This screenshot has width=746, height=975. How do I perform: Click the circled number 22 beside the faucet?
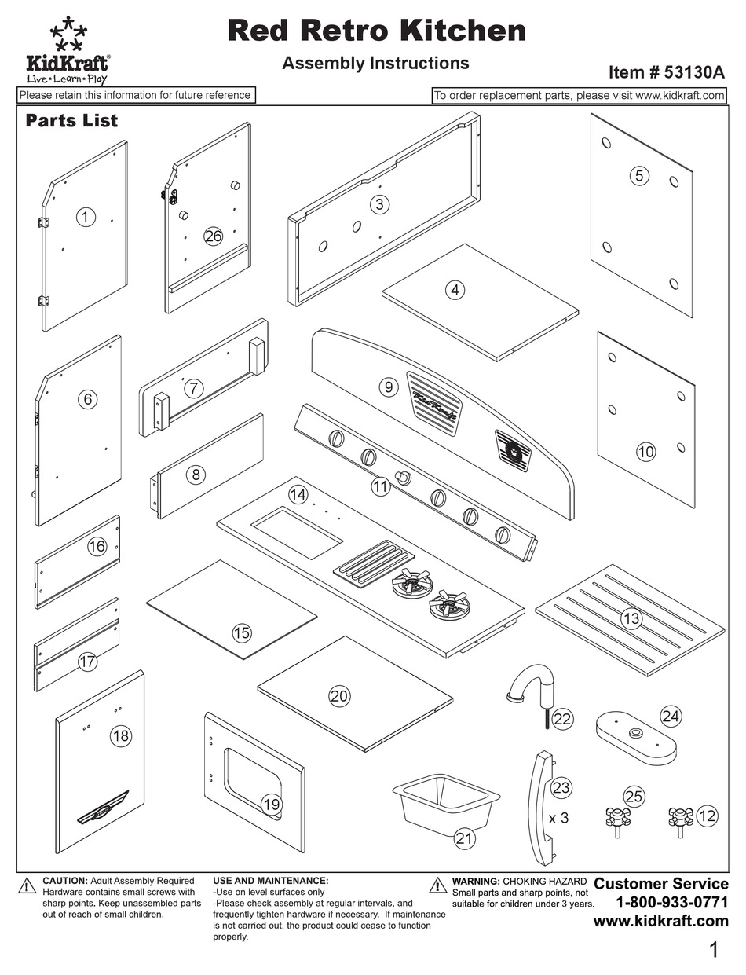pyautogui.click(x=562, y=718)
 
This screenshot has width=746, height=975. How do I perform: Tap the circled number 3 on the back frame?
pyautogui.click(x=380, y=204)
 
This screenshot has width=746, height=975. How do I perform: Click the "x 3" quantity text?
pyautogui.click(x=558, y=818)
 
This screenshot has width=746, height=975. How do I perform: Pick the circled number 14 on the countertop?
pyautogui.click(x=298, y=495)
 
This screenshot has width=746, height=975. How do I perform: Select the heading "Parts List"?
pyautogui.click(x=71, y=120)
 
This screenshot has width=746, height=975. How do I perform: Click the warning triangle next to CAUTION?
pyautogui.click(x=27, y=885)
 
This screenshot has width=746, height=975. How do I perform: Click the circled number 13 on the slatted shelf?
pyautogui.click(x=631, y=618)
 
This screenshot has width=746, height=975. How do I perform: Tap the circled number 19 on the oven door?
pyautogui.click(x=271, y=804)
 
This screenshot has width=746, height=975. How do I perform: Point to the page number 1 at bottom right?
pyautogui.click(x=713, y=950)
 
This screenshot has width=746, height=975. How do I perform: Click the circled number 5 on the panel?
pyautogui.click(x=639, y=175)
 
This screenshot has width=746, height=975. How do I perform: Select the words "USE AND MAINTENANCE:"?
pyautogui.click(x=270, y=881)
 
